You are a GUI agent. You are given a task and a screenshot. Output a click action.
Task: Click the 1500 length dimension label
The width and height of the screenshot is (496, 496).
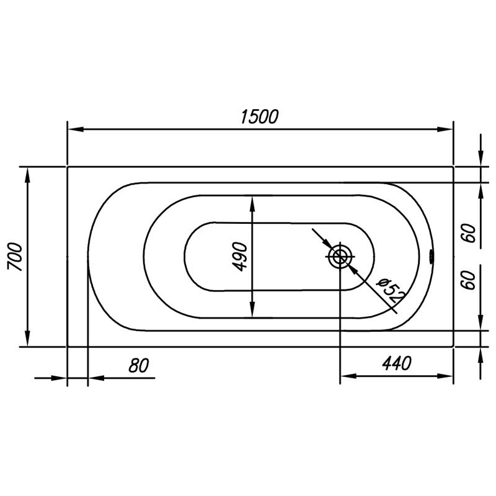[259, 117]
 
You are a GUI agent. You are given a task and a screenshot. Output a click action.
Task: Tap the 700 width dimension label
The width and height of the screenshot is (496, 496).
[15, 257]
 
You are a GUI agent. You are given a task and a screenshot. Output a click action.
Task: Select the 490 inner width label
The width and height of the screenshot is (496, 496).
[239, 257]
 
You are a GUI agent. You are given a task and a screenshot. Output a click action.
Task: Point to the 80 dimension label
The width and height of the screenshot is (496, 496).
[138, 365]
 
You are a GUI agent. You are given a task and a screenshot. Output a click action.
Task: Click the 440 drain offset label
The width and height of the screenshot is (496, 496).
[397, 363]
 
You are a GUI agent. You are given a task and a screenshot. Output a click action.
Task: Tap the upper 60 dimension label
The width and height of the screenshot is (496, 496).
[471, 233]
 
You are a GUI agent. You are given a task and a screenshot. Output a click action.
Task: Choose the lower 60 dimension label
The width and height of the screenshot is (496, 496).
[471, 280]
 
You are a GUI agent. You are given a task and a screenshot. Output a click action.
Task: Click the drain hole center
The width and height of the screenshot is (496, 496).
[340, 256]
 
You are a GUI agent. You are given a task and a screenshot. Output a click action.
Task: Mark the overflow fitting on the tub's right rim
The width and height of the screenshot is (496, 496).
[432, 256]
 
